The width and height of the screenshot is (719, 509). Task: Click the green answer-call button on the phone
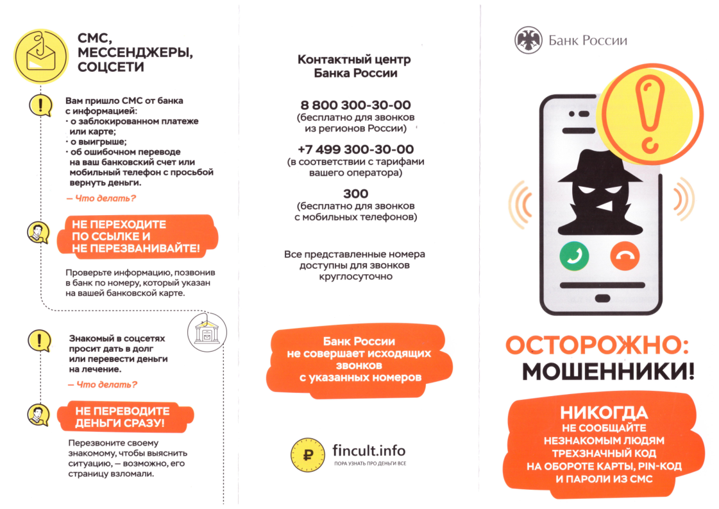[x=574, y=257]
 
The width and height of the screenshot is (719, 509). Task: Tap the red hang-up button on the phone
[x=625, y=257]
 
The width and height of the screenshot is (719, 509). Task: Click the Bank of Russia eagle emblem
[x=528, y=40]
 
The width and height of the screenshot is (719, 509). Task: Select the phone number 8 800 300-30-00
[x=355, y=105]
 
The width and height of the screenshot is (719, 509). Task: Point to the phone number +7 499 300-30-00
[x=355, y=149]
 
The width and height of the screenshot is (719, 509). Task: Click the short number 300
[x=355, y=193]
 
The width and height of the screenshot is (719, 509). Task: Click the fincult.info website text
[x=369, y=450]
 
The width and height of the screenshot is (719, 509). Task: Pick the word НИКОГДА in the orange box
[x=604, y=412]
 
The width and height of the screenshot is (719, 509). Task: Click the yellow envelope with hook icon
[x=40, y=56]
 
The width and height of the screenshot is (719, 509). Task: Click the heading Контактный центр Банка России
[x=355, y=66]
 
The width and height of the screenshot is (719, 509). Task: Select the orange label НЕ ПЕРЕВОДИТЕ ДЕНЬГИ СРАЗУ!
[x=122, y=417]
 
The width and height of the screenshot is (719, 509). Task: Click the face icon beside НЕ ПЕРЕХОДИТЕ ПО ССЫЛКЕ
[x=38, y=232]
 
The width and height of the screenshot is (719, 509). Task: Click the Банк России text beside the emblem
[x=588, y=40]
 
